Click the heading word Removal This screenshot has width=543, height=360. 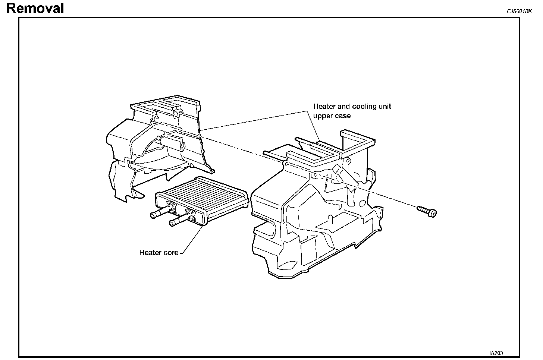(x=35, y=8)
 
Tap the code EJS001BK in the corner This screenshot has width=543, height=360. (x=519, y=11)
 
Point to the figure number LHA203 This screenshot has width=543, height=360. (x=496, y=353)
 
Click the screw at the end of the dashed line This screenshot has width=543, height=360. (x=427, y=211)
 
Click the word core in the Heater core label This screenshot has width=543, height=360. (x=171, y=253)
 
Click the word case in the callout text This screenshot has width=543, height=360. (x=342, y=116)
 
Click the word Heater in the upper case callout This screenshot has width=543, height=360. (x=324, y=107)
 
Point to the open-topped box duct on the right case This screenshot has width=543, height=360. (x=357, y=140)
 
